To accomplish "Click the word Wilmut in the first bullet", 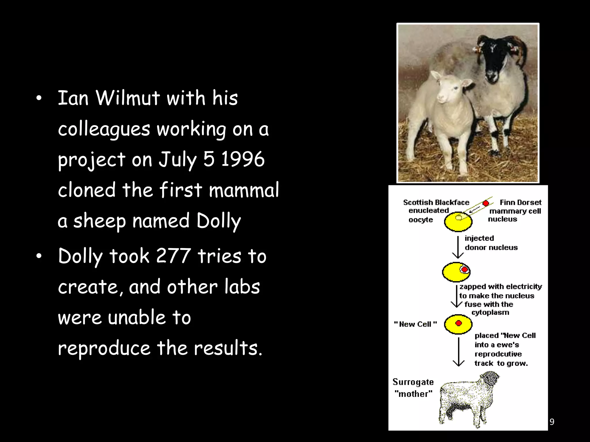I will point(127,98).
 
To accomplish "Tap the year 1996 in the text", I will point(243,159).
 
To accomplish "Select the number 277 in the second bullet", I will point(173,256).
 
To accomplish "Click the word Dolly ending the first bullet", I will point(218,221).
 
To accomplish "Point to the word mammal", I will point(244,190).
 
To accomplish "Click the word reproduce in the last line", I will point(104,348).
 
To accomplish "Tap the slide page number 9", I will point(552,422).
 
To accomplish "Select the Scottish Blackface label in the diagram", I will point(436,203).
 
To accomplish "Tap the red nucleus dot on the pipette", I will point(486,203).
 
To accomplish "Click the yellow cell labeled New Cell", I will point(458,324).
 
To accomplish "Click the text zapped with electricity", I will point(501,287).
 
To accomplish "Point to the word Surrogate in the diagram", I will point(413,382).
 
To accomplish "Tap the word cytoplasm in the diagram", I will point(490,313).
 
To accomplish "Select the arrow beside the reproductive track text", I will point(459,352).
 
